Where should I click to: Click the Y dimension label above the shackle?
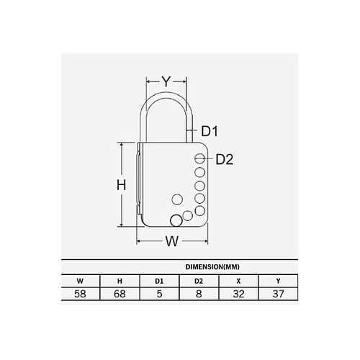coord(166,82)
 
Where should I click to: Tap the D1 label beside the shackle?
coord(210,131)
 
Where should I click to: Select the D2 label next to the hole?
coord(225,159)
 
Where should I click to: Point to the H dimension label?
coord(122,185)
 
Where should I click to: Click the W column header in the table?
coord(81,279)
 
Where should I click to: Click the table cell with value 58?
coord(81,294)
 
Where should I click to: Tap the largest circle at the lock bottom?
coord(175,220)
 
